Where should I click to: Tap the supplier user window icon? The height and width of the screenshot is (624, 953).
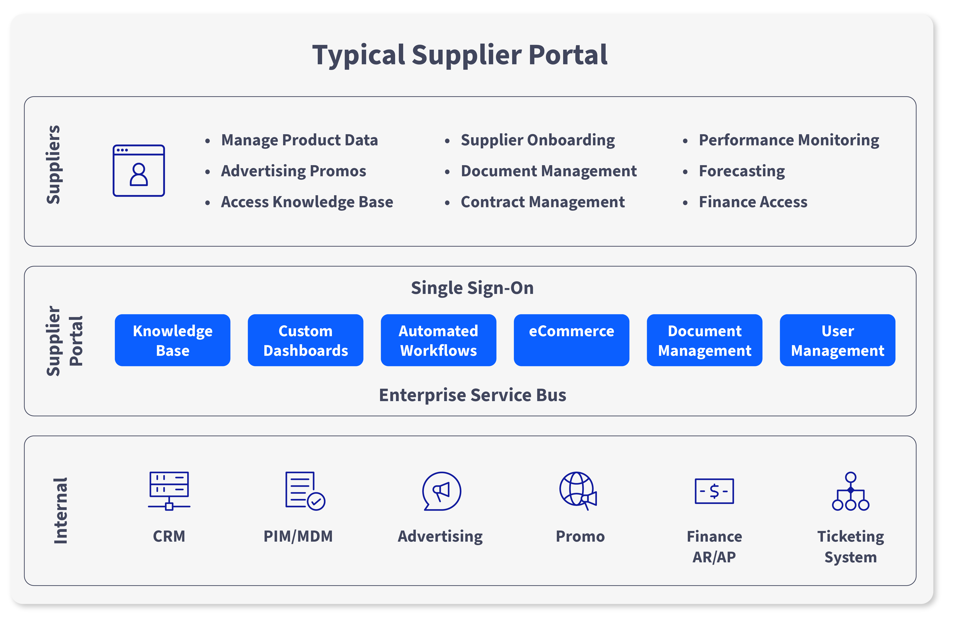point(139,171)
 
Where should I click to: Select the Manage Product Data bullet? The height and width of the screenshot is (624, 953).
point(299,140)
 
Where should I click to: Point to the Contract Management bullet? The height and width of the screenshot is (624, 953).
point(543,202)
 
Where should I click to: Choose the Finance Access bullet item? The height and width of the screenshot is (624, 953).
point(753,202)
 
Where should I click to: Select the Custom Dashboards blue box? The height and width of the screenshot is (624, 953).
point(306,340)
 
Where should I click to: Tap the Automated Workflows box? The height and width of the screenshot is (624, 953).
point(438,340)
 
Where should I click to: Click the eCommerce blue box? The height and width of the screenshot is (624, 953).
point(571,340)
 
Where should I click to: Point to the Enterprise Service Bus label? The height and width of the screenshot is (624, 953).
point(472,395)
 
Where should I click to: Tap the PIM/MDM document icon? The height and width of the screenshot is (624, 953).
point(305,491)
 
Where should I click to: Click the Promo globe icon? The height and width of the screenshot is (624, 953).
point(578,491)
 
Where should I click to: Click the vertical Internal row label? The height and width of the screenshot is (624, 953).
point(60,511)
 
